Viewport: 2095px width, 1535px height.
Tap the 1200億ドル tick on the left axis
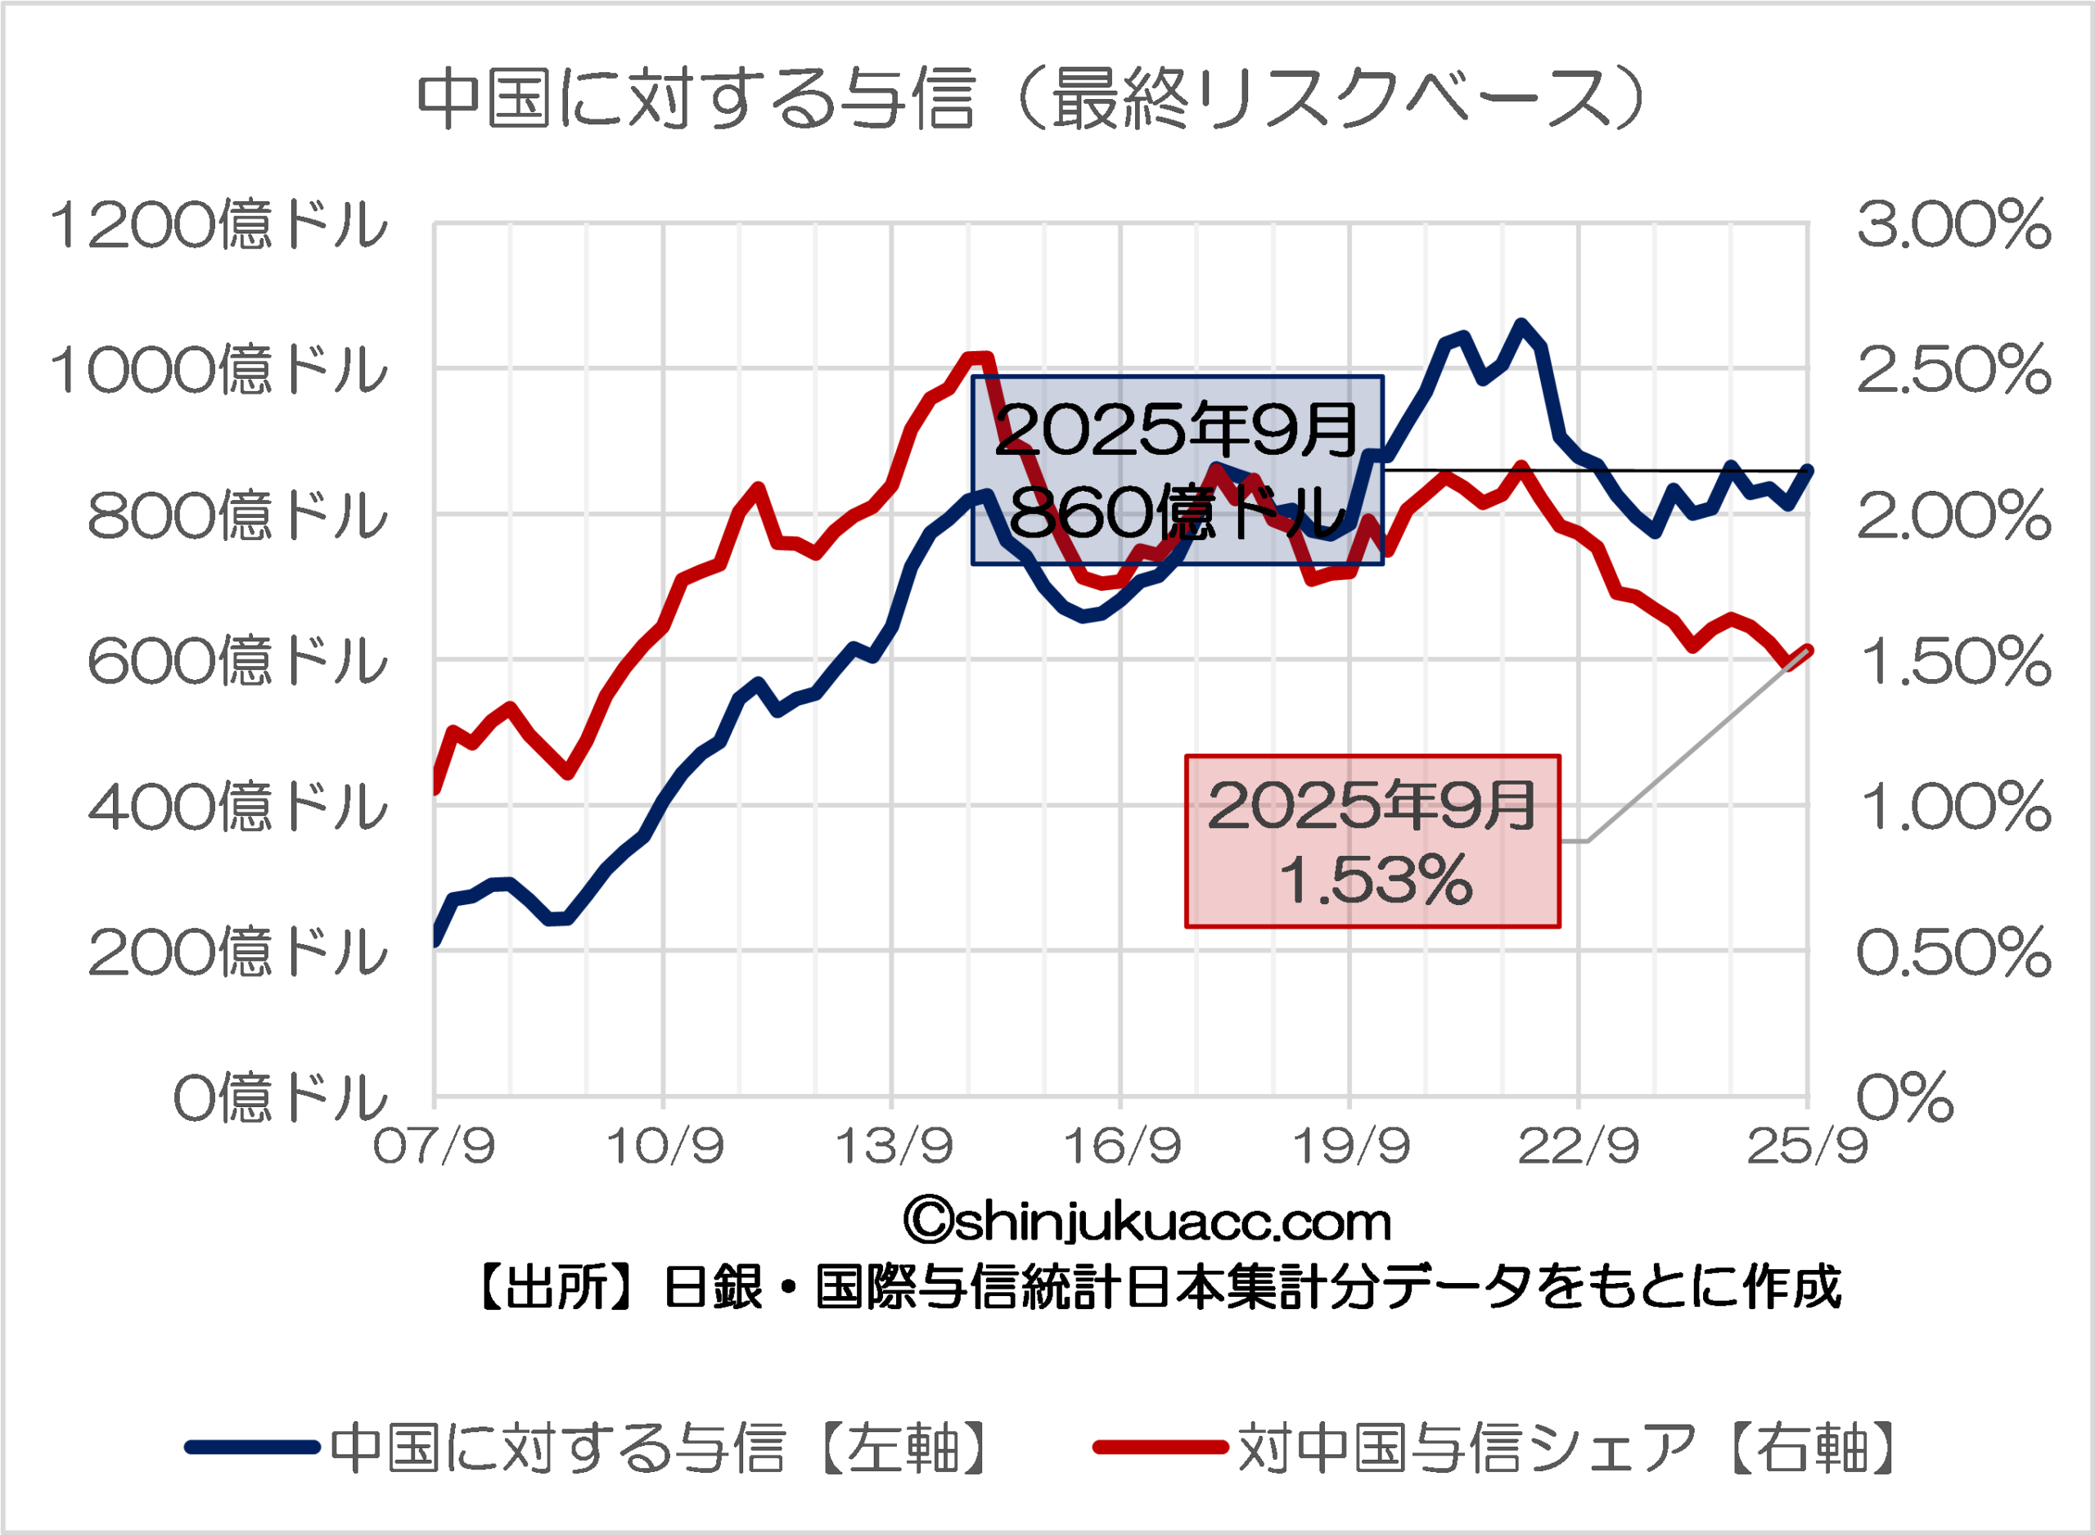[219, 226]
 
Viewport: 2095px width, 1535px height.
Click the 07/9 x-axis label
[434, 1146]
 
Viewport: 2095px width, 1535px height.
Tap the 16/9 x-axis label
[1121, 1146]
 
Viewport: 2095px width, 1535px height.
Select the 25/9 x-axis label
[1807, 1146]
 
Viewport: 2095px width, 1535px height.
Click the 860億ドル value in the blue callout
[1177, 512]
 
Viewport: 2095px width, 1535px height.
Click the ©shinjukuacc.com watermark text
[1147, 1222]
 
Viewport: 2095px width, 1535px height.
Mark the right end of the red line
[1808, 650]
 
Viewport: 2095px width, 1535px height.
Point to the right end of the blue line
[1808, 469]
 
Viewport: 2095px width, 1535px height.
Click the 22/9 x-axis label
[1579, 1146]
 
